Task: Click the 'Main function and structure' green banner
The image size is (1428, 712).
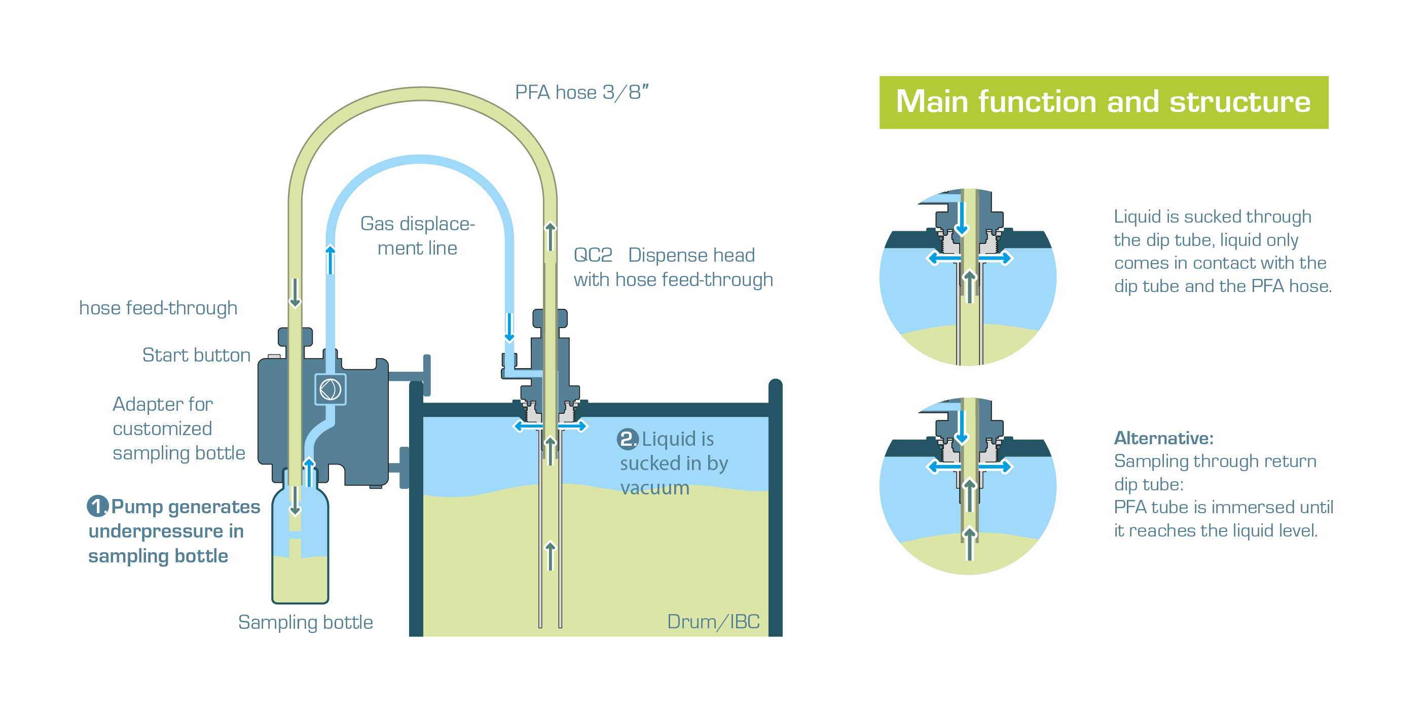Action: pyautogui.click(x=1103, y=102)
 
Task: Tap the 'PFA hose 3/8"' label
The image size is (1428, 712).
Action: pyautogui.click(x=581, y=92)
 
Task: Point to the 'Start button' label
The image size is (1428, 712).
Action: pyautogui.click(x=196, y=355)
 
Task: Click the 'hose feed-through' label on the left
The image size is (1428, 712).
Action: pyautogui.click(x=158, y=308)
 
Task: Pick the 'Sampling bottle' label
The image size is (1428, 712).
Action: pyautogui.click(x=306, y=622)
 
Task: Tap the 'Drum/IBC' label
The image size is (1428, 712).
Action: pyautogui.click(x=713, y=622)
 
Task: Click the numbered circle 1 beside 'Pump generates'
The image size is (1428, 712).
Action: pyautogui.click(x=97, y=506)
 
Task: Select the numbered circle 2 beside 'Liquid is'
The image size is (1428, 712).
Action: pyautogui.click(x=627, y=439)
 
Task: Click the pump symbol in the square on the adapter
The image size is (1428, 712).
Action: pyautogui.click(x=331, y=389)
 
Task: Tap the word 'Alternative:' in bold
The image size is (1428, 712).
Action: pyautogui.click(x=1163, y=438)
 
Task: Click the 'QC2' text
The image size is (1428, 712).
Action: pyautogui.click(x=593, y=255)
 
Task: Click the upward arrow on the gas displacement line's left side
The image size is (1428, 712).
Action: pyautogui.click(x=331, y=259)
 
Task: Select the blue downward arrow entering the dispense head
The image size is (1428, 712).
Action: pyautogui.click(x=509, y=327)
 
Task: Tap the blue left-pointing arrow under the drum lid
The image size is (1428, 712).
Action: pyautogui.click(x=527, y=426)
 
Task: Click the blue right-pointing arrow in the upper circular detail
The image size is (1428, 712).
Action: pyautogui.click(x=997, y=258)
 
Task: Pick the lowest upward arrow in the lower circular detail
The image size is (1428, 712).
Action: pyautogui.click(x=969, y=544)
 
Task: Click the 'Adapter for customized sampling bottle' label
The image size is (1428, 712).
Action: pyautogui.click(x=178, y=428)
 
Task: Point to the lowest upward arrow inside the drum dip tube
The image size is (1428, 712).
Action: pyautogui.click(x=550, y=556)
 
